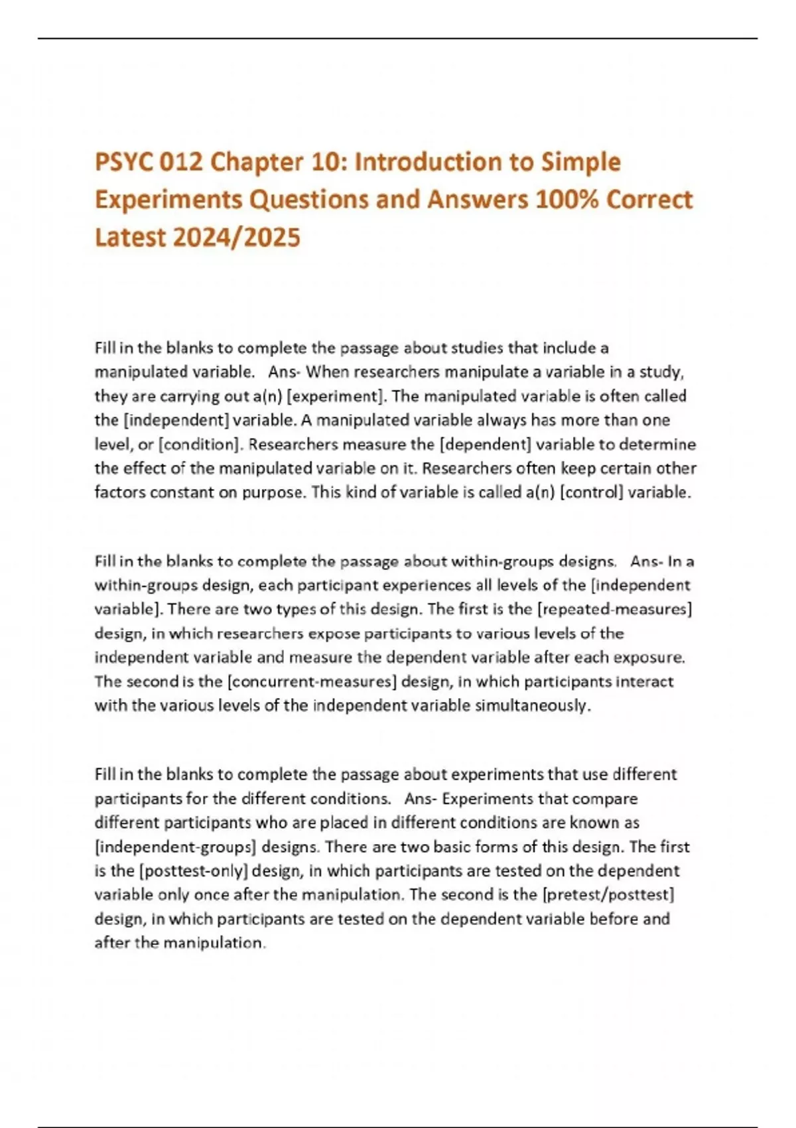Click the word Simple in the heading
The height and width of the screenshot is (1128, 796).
pos(581,163)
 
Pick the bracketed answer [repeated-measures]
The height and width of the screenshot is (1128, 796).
pos(614,609)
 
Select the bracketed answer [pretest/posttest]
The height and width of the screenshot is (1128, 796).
pos(608,894)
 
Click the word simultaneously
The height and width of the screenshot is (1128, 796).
pos(531,705)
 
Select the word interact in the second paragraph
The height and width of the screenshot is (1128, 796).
pos(644,681)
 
